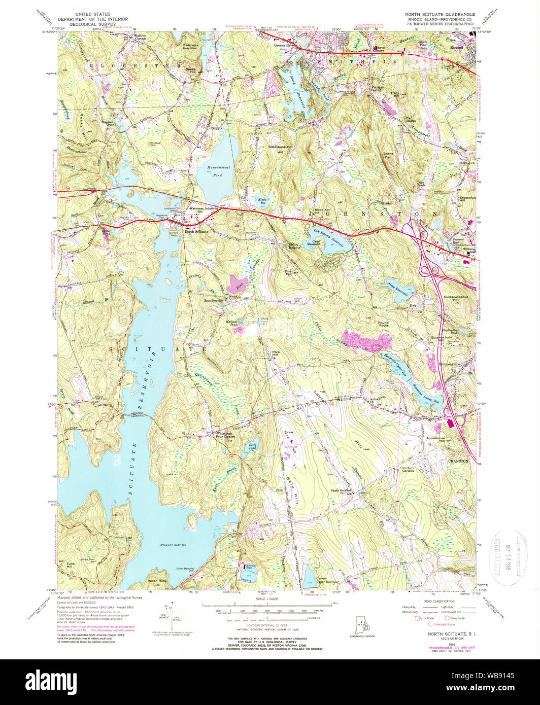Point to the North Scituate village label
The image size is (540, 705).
[196, 232]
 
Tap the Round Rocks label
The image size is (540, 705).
[383, 324]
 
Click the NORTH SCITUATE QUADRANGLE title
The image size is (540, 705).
[440, 15]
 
